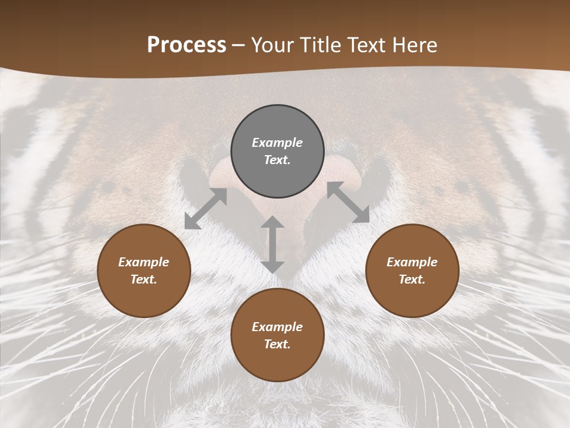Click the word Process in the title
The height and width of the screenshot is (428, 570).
pos(186,45)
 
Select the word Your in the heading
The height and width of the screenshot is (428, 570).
pos(271,45)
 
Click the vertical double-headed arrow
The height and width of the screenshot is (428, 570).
pos(273,244)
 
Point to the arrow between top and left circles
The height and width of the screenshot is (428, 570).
pos(206,209)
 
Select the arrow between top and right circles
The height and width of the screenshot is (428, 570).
pos(348,202)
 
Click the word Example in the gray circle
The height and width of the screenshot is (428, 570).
pos(277,143)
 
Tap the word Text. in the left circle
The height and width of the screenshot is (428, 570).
pos(144,279)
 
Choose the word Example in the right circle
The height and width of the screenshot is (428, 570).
pos(412,262)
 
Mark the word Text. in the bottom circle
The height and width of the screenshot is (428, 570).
pos(277,344)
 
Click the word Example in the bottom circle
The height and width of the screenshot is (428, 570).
pos(277,327)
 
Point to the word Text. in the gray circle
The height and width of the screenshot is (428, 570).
pos(277,160)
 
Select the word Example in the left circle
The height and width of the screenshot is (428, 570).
pos(144,262)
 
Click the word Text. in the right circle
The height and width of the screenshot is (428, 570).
pos(412,279)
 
